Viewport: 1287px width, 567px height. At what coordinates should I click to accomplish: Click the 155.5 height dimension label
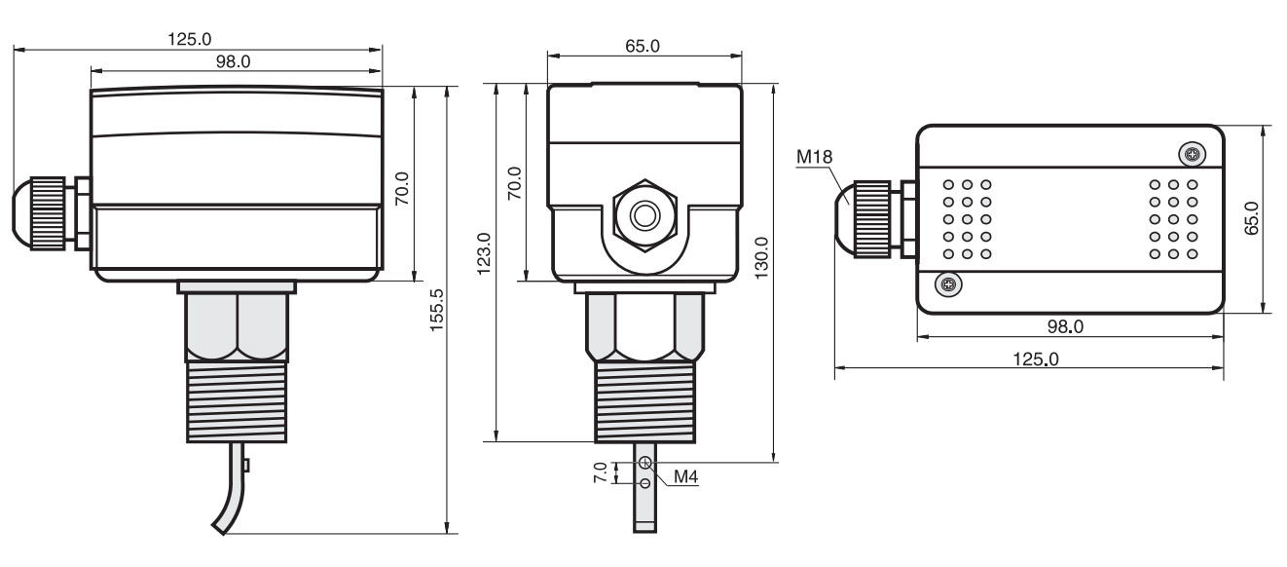coord(437,310)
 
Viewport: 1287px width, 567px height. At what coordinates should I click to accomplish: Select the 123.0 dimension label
coord(484,253)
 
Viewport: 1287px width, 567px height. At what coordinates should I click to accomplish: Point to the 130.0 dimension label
coord(760,257)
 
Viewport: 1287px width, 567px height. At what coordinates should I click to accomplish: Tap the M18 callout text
coord(814,157)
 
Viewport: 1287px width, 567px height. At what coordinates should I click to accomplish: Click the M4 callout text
coord(685,476)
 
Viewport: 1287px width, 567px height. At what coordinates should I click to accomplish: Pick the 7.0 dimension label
coord(600,472)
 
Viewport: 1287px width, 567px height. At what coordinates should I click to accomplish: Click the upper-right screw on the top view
coord(1193,154)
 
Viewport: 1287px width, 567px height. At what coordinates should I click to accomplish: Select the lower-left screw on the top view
coord(948,284)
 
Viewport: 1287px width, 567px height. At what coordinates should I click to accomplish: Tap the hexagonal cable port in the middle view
coord(644,215)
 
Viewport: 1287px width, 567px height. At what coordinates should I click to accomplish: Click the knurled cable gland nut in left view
coord(47,213)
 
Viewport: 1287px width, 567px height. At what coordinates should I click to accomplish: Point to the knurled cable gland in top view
coord(871,219)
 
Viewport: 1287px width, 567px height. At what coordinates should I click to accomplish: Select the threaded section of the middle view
coord(644,402)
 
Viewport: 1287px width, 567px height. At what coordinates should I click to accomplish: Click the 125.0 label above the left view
coord(190,39)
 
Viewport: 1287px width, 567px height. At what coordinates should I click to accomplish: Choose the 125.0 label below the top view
coord(1036,359)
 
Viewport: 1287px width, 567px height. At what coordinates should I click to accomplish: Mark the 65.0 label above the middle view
coord(643,46)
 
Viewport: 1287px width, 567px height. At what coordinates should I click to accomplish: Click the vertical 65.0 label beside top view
coord(1251,218)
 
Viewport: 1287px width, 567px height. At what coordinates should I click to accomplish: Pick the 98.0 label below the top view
coord(1065,326)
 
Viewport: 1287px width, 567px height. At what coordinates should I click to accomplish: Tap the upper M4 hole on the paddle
coord(645,462)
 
